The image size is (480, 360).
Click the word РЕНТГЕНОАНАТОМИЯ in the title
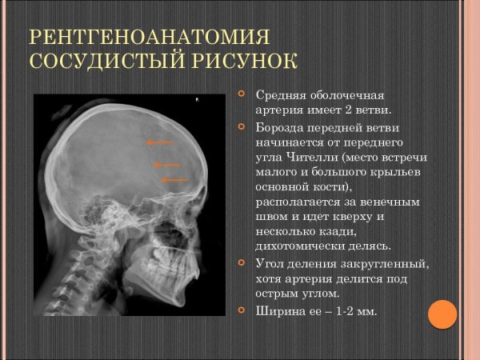click(x=147, y=37)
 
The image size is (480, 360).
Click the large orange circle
click(x=442, y=314)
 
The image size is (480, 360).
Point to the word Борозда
click(x=281, y=128)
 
